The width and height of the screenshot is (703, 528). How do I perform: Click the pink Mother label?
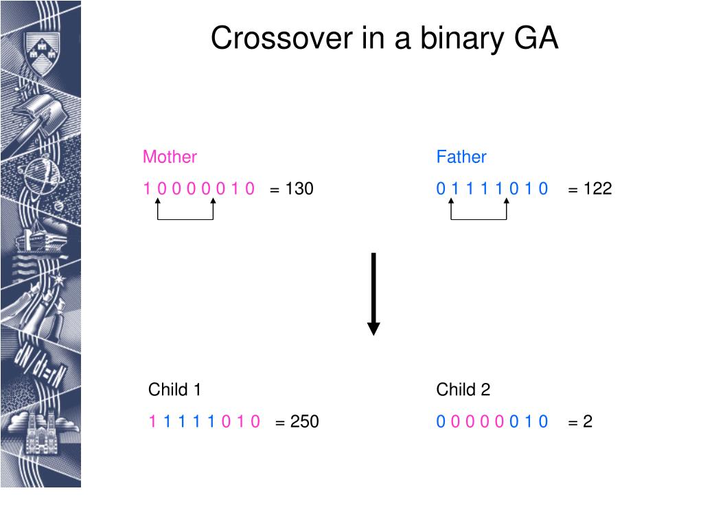pyautogui.click(x=170, y=157)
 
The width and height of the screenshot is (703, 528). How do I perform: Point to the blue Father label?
pyautogui.click(x=461, y=157)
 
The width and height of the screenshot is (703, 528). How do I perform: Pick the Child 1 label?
pyautogui.click(x=175, y=390)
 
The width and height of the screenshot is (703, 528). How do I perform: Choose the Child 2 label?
pyautogui.click(x=463, y=390)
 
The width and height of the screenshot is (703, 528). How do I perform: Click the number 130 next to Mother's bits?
pyautogui.click(x=299, y=188)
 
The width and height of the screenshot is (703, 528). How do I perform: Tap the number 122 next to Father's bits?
pyautogui.click(x=597, y=188)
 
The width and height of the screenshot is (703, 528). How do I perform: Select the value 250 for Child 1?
pyautogui.click(x=305, y=421)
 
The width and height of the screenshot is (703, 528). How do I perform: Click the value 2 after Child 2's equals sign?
pyautogui.click(x=588, y=421)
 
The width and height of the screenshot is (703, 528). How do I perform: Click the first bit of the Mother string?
pyautogui.click(x=147, y=188)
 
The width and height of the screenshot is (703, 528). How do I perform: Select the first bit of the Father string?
pyautogui.click(x=441, y=188)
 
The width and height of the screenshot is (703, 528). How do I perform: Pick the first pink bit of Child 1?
pyautogui.click(x=152, y=421)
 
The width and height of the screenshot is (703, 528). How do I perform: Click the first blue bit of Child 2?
pyautogui.click(x=441, y=421)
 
